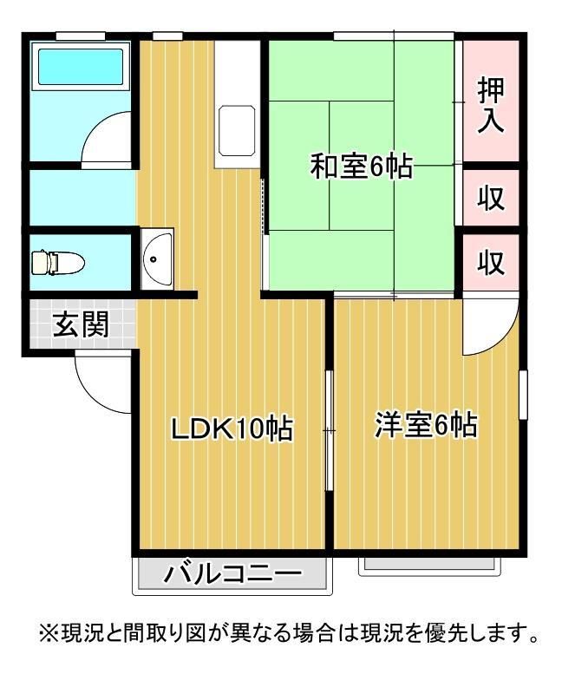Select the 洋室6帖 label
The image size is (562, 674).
pos(426,426)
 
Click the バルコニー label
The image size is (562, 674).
pos(232,574)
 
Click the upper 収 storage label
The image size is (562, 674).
pos(491,198)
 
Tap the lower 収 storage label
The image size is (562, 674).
pos(491,262)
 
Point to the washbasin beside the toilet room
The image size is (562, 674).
pos(156,258)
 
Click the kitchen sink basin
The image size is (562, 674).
pos(236,128)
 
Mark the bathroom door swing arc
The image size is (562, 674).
pos(108,137)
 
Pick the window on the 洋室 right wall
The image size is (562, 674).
pos(524,396)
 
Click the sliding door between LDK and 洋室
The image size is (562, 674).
pos(329,430)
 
